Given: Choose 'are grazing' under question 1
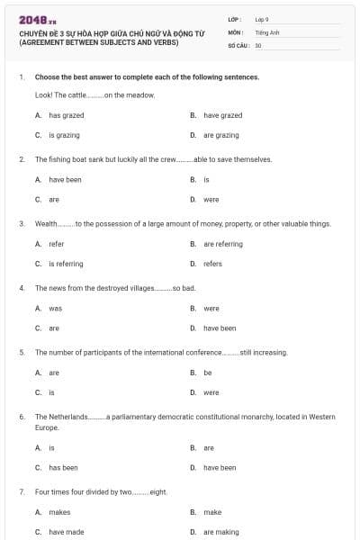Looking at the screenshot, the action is (x=220, y=135).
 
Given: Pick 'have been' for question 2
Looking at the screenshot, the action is (x=65, y=179).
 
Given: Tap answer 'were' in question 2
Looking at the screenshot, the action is (x=211, y=199).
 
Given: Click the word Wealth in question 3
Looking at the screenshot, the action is (x=46, y=223).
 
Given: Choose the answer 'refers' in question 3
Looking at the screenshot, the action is (x=212, y=264).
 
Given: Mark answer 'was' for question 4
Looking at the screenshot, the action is (x=55, y=308).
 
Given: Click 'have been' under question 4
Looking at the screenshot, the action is (x=219, y=328).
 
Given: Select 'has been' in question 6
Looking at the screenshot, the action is (x=63, y=467).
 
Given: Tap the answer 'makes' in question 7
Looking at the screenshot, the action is (x=59, y=512).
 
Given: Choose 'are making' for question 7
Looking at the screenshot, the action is (x=220, y=532).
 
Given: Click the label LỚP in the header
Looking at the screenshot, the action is (x=234, y=18).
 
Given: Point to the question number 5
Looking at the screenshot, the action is (x=22, y=352).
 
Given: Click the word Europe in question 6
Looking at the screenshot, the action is (x=47, y=427).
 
